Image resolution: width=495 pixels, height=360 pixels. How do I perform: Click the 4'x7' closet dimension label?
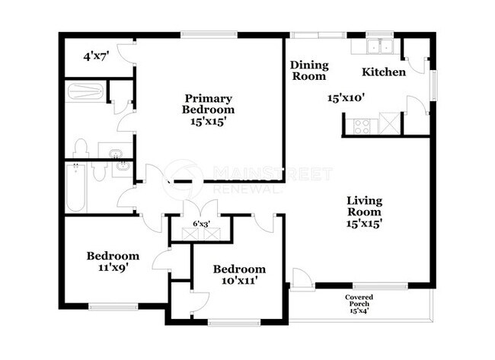tap(96, 55)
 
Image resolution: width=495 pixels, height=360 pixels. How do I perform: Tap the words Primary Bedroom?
tap(207, 104)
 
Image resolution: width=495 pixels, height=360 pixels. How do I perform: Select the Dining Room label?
tap(308, 71)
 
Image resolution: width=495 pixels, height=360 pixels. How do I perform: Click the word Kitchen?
tap(383, 72)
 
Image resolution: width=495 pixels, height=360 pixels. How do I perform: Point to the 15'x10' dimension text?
tap(346, 97)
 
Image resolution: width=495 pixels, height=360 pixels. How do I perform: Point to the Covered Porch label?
tap(358, 304)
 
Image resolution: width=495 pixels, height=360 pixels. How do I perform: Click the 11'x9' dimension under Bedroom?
tap(112, 267)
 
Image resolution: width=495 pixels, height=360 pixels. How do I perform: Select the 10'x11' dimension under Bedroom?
tap(239, 280)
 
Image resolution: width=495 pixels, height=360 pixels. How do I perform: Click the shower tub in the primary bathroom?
tap(85, 92)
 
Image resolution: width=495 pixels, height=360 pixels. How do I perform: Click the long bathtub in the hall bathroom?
tap(75, 189)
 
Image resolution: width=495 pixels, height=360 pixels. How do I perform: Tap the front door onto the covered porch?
tap(302, 280)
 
